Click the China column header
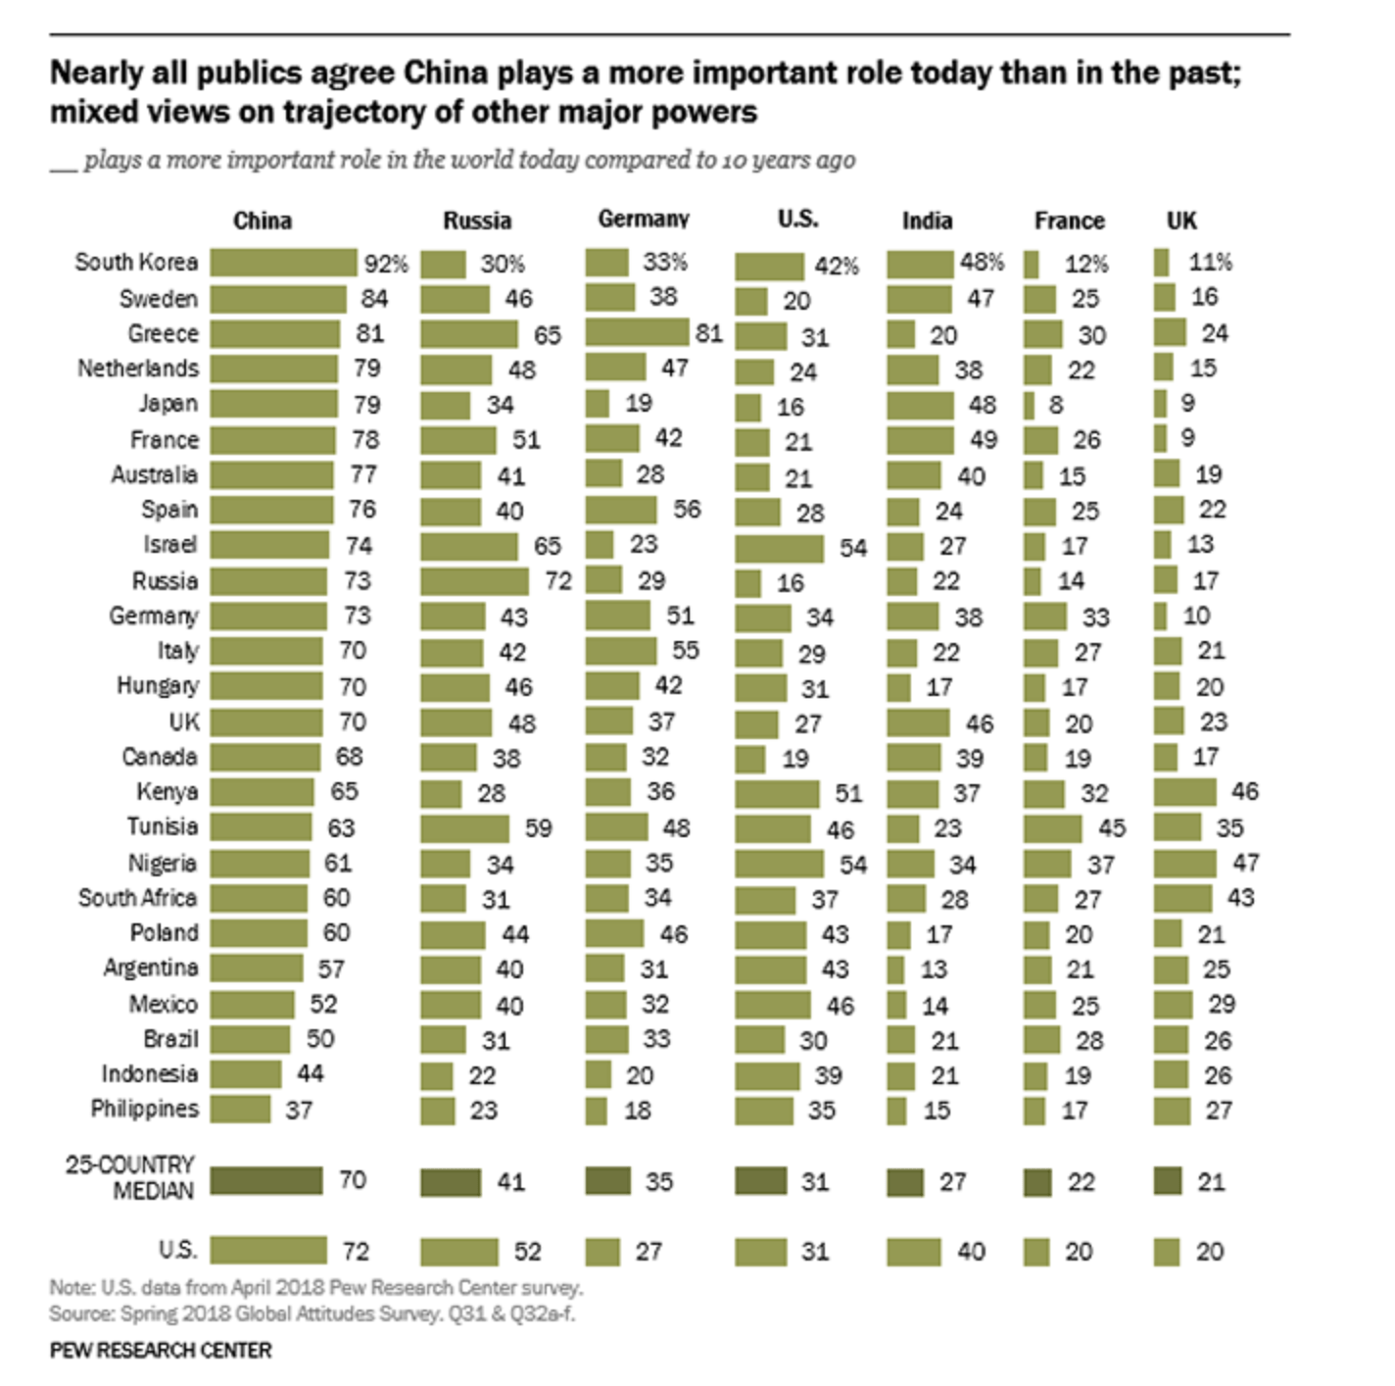(x=263, y=221)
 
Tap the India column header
(x=927, y=221)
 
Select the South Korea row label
(x=136, y=263)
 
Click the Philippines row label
(x=144, y=1109)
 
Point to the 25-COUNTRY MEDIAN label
(x=129, y=1177)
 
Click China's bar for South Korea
(x=283, y=263)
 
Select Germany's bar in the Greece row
(x=637, y=332)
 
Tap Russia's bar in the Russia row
(x=474, y=581)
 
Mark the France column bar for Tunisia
(x=1053, y=828)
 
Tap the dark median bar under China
(x=265, y=1180)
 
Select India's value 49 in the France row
(x=983, y=440)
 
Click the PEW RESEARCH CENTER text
(x=161, y=1351)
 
